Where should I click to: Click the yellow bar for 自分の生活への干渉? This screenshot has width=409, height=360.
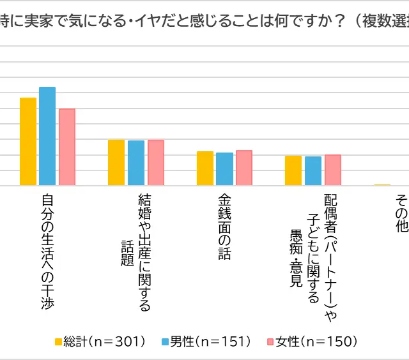(x=28, y=142)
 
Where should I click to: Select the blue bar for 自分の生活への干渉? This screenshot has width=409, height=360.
(x=47, y=137)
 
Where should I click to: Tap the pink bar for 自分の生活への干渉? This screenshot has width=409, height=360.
(x=67, y=147)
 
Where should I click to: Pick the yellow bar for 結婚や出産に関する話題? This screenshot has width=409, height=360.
(x=116, y=163)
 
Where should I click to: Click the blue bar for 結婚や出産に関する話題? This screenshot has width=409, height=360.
(x=136, y=163)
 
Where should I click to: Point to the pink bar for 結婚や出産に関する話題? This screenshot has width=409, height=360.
(x=156, y=163)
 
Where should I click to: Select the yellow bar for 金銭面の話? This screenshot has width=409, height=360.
(x=205, y=169)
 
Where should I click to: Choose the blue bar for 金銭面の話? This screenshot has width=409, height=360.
(x=224, y=169)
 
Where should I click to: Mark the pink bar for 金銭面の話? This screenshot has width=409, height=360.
(x=244, y=168)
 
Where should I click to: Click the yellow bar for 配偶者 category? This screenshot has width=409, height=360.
(x=293, y=171)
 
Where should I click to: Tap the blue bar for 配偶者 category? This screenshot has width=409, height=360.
(x=313, y=171)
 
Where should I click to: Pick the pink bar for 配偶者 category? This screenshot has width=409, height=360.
(x=333, y=170)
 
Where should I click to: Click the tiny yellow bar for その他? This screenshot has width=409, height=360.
(x=382, y=185)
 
